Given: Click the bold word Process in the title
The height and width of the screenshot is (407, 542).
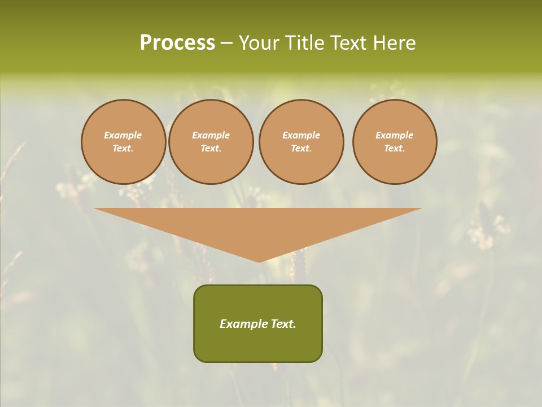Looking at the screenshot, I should point(177,43).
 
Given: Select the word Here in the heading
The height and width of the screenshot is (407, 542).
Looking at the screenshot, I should point(394,43).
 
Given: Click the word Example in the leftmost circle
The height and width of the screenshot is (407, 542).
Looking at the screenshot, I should point(123,135).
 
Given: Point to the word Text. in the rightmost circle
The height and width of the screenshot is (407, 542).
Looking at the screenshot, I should point(394,148).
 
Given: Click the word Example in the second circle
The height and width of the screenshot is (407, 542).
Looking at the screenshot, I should point(211,135).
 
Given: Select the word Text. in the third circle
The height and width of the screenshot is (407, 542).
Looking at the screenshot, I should point(301,148).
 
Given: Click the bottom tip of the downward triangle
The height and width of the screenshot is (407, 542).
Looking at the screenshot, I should point(259,261).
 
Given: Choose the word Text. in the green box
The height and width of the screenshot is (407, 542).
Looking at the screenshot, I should point(283,324).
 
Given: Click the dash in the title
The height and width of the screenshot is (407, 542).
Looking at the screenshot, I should point(227,43).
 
